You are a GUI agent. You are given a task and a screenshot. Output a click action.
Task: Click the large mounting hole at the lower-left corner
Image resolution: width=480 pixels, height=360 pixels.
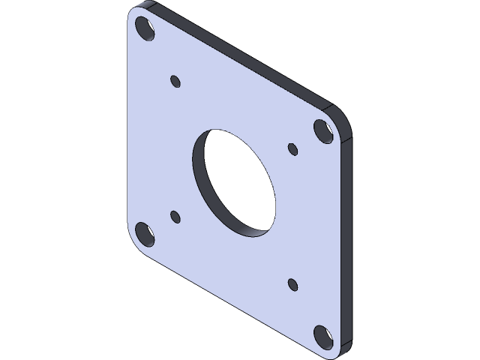pos(145,233)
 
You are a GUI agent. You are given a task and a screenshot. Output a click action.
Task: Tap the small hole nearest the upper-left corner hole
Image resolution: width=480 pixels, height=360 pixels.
pos(176,80)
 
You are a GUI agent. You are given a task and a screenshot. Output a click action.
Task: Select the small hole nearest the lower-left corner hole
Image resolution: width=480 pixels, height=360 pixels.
pos(175,217)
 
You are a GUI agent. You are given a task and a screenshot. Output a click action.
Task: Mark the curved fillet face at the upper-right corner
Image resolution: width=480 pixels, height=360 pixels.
pos(341,120)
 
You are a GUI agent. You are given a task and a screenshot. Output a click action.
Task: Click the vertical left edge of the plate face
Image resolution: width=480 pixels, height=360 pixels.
pos(128,135)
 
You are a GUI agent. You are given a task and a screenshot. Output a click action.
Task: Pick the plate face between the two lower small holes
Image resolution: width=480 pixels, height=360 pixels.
pos(234,251)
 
